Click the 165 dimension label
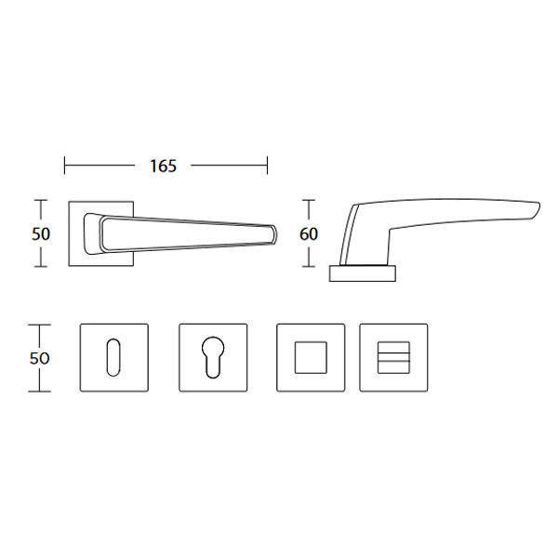point(163,166)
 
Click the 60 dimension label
point(309,234)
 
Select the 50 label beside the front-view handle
point(41,234)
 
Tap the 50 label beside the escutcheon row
point(39,358)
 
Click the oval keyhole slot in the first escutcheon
point(113,357)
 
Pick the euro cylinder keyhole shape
point(213,357)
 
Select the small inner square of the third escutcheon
point(311,358)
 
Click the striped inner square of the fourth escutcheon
point(393,358)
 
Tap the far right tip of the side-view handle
point(538,208)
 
